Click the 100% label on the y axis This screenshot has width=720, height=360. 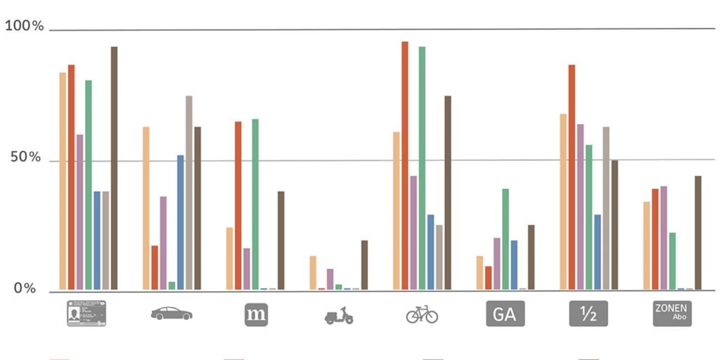[25, 27]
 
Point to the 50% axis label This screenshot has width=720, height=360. [25, 157]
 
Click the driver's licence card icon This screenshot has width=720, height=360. [86, 314]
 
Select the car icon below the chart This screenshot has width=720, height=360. [171, 314]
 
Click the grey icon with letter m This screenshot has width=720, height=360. [256, 314]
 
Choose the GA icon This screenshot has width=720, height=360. [505, 314]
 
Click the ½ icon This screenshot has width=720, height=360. [588, 314]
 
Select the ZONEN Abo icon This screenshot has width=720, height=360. [671, 314]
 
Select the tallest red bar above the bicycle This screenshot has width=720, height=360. [405, 165]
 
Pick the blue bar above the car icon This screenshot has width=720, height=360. [181, 222]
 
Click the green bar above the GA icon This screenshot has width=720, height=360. [506, 239]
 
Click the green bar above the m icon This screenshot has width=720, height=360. [255, 204]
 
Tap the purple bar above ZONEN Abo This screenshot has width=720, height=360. [664, 238]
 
